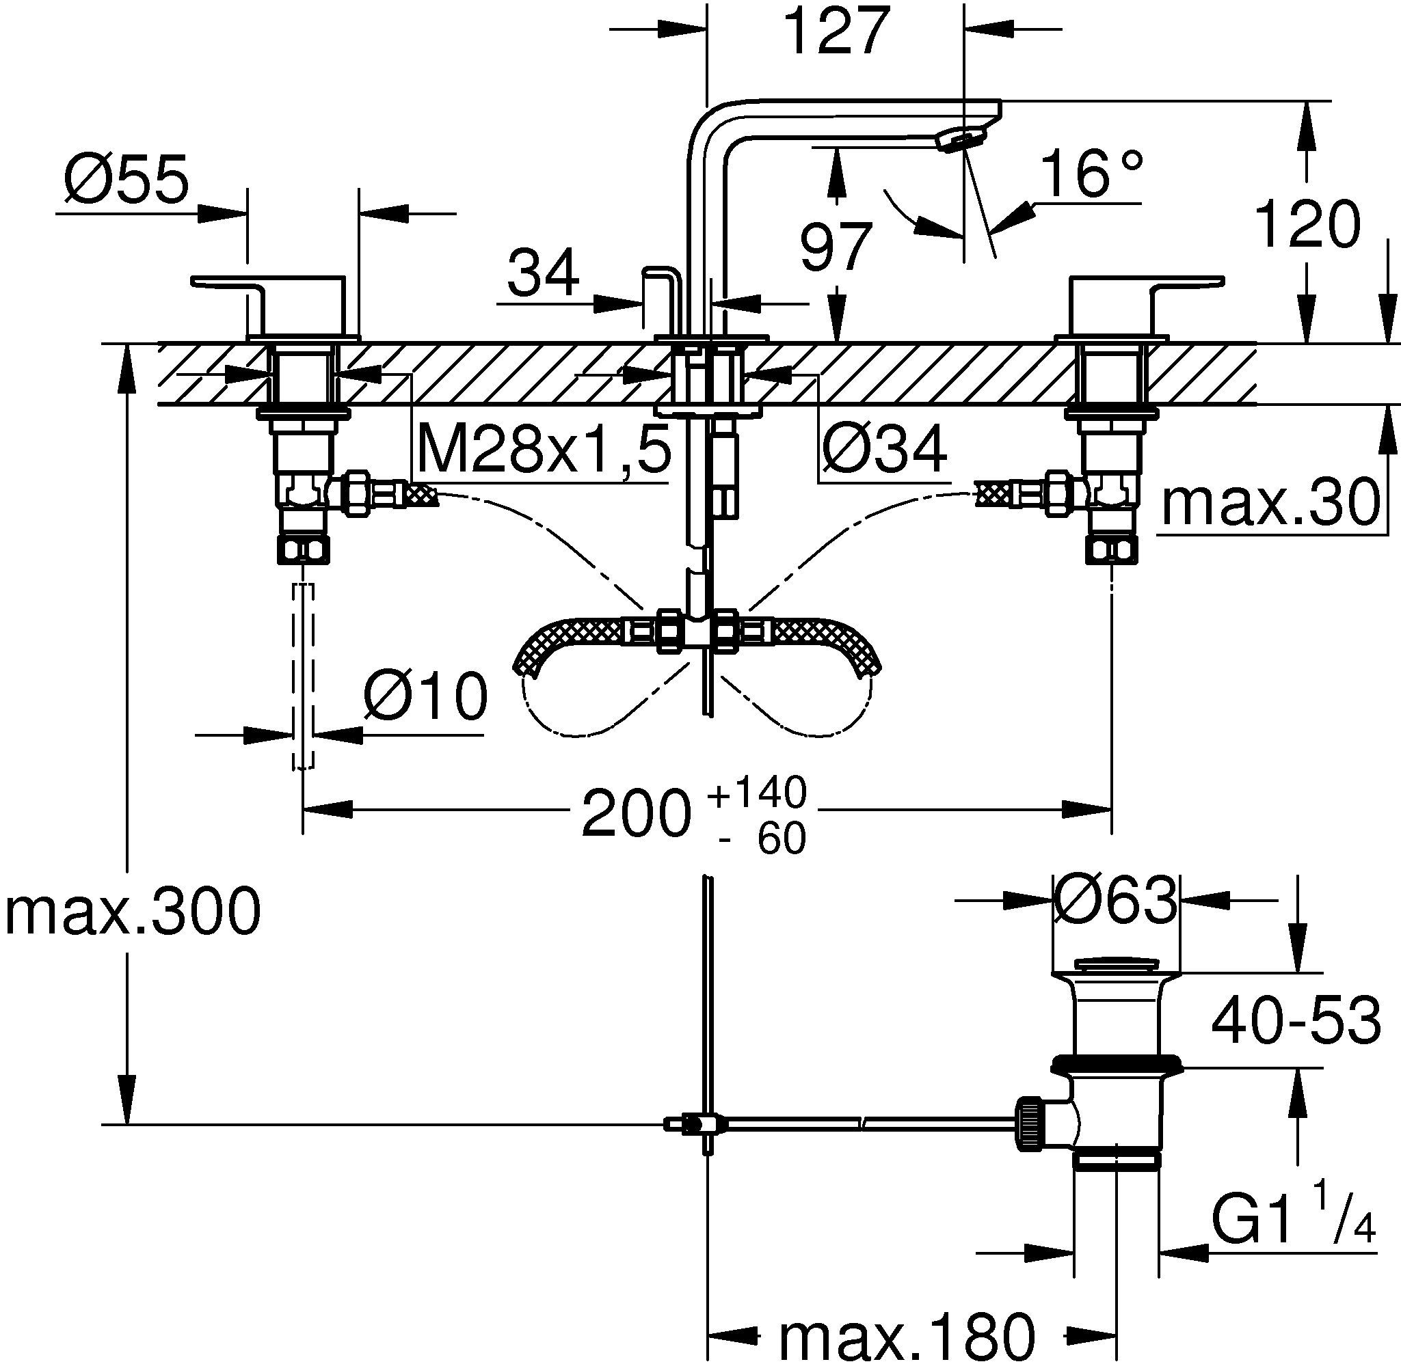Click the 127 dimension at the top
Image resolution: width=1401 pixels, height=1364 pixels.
[836, 32]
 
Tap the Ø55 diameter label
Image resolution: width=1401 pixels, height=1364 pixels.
[127, 179]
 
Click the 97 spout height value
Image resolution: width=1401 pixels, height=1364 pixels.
[836, 247]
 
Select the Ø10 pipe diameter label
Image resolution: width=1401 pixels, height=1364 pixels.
[426, 697]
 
